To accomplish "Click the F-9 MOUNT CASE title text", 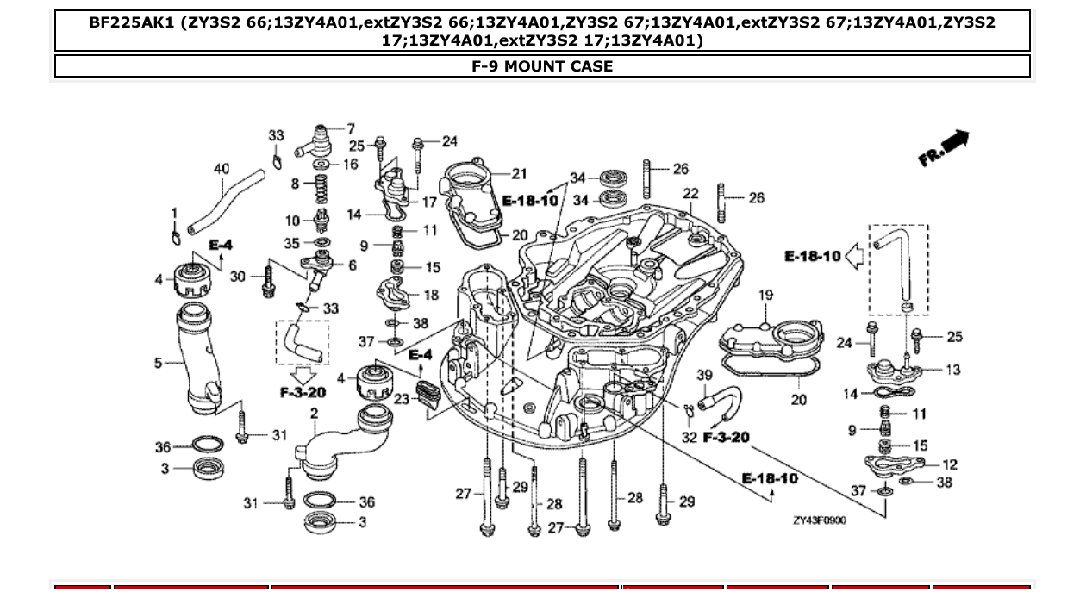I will click(542, 66).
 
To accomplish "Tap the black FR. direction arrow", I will click(954, 141).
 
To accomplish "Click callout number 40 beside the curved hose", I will click(222, 169).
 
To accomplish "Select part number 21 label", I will click(519, 174).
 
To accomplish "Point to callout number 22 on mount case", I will click(690, 194).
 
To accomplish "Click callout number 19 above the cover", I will click(766, 296).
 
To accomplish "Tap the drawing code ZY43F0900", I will click(820, 520).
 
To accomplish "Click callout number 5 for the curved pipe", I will click(159, 363).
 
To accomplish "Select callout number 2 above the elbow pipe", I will click(314, 414).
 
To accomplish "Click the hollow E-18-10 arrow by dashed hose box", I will click(853, 256).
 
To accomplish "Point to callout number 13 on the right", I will click(952, 370).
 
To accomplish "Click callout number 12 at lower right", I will click(950, 464).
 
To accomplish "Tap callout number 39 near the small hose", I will click(704, 375).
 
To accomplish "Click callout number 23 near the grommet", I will click(402, 399).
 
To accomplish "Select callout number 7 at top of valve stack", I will click(351, 129).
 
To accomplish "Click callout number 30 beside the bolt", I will click(238, 277).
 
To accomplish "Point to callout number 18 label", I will click(431, 295).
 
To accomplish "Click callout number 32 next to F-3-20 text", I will click(689, 438).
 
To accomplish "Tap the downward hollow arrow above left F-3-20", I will click(302, 376).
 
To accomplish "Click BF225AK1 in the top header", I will click(130, 22).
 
